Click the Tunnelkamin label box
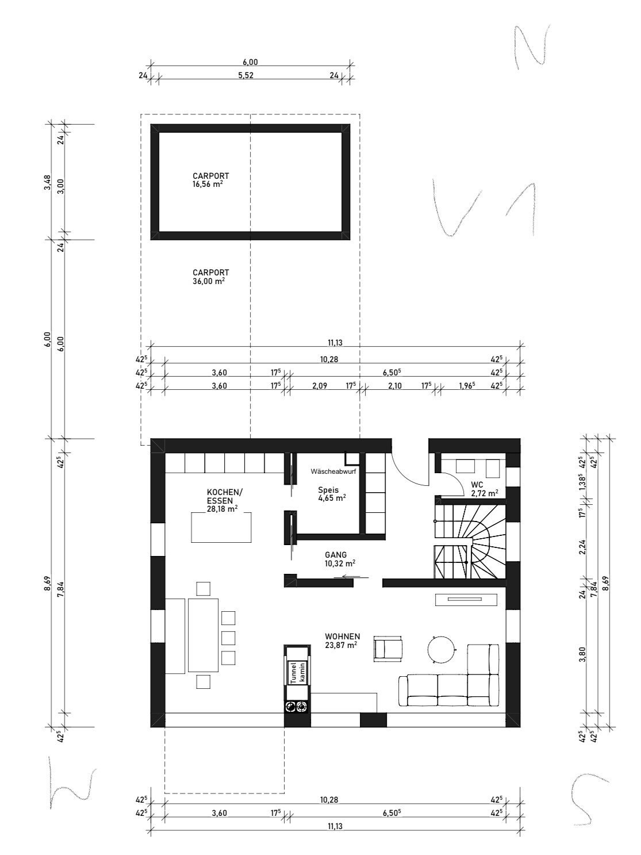(298, 672)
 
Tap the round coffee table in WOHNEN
(441, 649)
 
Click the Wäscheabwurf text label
(333, 471)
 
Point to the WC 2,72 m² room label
(485, 489)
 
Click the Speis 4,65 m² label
(332, 493)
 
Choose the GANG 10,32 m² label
(340, 559)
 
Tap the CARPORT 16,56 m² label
(210, 180)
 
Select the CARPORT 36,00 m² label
(210, 277)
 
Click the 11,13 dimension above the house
(335, 343)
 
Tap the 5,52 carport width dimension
(245, 75)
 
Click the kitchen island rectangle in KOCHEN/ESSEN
(221, 527)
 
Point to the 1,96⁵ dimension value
(467, 386)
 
